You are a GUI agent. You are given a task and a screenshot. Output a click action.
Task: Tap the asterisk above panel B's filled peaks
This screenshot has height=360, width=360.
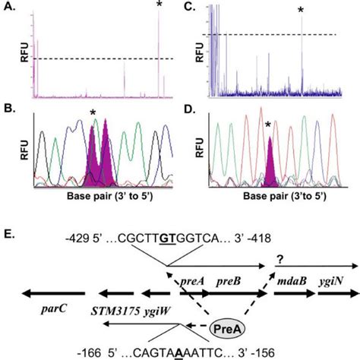tap(93, 114)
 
